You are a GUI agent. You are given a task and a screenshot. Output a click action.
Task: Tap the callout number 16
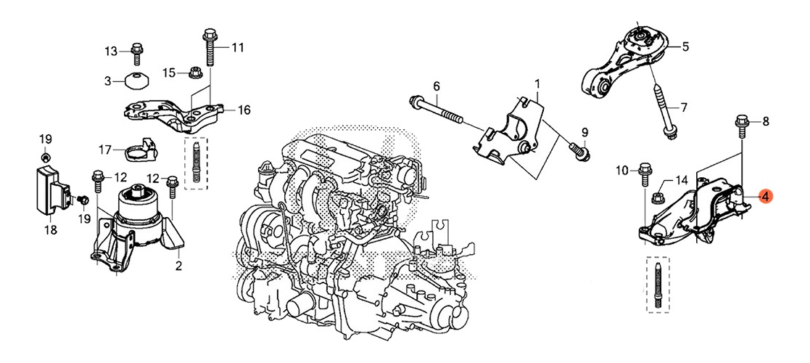244,110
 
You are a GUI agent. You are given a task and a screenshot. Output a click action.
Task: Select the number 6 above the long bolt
437,87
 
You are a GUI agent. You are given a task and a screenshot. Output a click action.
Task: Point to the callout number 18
50,230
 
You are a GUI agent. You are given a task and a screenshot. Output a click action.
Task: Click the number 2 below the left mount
178,266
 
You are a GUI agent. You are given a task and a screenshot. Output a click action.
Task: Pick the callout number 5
685,47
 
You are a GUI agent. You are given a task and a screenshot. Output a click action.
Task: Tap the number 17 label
105,150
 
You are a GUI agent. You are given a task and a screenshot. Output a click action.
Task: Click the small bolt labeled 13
136,52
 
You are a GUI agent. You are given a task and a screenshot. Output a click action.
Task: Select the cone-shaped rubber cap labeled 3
135,81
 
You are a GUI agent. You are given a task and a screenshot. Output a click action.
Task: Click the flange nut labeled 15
194,73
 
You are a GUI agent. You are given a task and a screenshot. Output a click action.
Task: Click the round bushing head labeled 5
641,37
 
